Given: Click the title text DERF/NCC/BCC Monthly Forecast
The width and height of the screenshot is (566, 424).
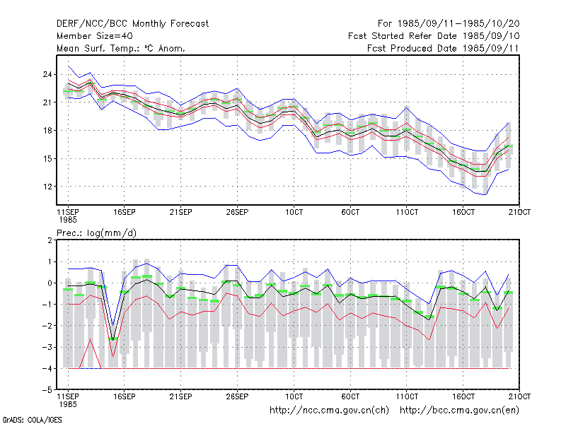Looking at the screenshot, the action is (132, 24).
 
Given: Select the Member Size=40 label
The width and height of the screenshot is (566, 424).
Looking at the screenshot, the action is (95, 36).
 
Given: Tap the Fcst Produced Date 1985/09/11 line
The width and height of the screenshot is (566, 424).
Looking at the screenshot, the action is (443, 48).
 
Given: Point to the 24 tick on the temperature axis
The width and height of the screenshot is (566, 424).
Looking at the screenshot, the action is (47, 74).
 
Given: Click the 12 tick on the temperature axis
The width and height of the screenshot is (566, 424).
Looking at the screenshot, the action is (47, 187).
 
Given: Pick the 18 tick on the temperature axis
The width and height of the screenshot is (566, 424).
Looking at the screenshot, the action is (47, 131).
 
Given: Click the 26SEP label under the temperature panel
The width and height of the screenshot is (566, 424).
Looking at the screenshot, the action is (237, 212).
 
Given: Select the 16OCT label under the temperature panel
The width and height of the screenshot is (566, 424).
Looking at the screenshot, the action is (463, 212).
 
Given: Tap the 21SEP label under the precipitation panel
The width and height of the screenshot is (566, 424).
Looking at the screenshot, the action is (181, 396).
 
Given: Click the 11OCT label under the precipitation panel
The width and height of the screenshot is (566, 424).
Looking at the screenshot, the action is (407, 396).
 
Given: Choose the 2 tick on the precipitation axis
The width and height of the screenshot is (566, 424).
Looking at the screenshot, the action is (50, 240).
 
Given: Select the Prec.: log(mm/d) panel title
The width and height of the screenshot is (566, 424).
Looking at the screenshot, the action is (97, 233).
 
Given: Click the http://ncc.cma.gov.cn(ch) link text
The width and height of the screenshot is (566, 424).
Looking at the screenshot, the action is (329, 411).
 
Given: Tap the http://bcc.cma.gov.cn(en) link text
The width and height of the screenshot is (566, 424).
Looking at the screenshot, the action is (459, 411).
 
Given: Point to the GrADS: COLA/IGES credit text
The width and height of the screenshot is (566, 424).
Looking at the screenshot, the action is (32, 420).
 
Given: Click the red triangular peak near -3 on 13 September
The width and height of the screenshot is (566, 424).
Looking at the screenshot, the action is (91, 339).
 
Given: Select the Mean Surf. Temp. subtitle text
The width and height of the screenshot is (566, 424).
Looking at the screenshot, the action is (121, 48).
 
